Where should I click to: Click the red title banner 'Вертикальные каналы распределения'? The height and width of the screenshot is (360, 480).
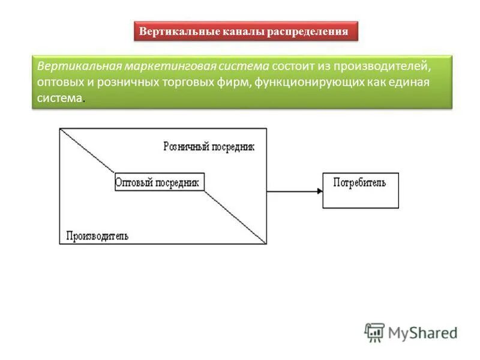click(245, 31)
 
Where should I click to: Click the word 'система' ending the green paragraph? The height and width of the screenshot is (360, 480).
click(59, 98)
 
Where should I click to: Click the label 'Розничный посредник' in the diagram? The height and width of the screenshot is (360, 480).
click(209, 147)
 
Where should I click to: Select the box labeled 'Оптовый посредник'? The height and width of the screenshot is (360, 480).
click(159, 182)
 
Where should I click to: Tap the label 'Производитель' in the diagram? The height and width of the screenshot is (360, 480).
click(97, 236)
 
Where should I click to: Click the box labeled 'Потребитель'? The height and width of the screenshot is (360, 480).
click(360, 190)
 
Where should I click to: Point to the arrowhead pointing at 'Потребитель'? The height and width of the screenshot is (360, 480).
click(319, 191)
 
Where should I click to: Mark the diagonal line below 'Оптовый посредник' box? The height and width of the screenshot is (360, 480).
click(235, 217)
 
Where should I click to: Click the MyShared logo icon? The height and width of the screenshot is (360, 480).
click(374, 332)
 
